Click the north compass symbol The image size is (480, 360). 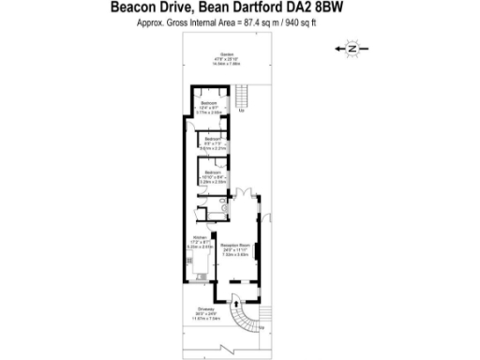point(352,47)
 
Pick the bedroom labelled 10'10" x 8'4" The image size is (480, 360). point(213,174)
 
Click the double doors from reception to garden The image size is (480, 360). point(246,194)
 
